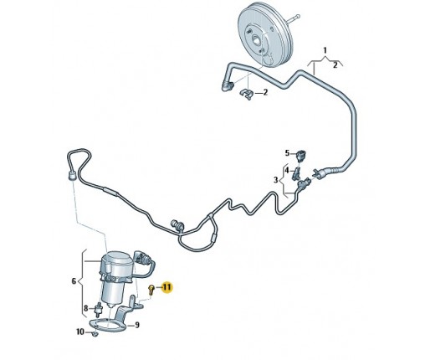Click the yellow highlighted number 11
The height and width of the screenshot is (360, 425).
(x=166, y=287)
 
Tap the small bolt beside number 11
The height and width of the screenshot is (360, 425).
(x=151, y=289)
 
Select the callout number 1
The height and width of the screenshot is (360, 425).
(x=325, y=50)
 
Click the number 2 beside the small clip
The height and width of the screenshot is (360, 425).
(x=265, y=92)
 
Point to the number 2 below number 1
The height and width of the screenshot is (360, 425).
(x=335, y=65)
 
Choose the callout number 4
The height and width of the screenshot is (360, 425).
(x=287, y=170)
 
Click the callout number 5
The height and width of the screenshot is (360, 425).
(x=287, y=153)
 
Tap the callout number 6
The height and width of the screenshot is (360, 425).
(x=74, y=280)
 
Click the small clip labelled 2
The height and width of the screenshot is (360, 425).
(x=246, y=94)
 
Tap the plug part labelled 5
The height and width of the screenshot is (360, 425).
(x=301, y=155)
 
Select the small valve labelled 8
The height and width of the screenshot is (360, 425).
(x=99, y=308)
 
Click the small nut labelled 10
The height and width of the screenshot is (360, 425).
(x=95, y=333)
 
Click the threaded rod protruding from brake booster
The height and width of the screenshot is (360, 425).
(x=294, y=19)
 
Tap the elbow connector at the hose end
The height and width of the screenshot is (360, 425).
(x=228, y=85)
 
